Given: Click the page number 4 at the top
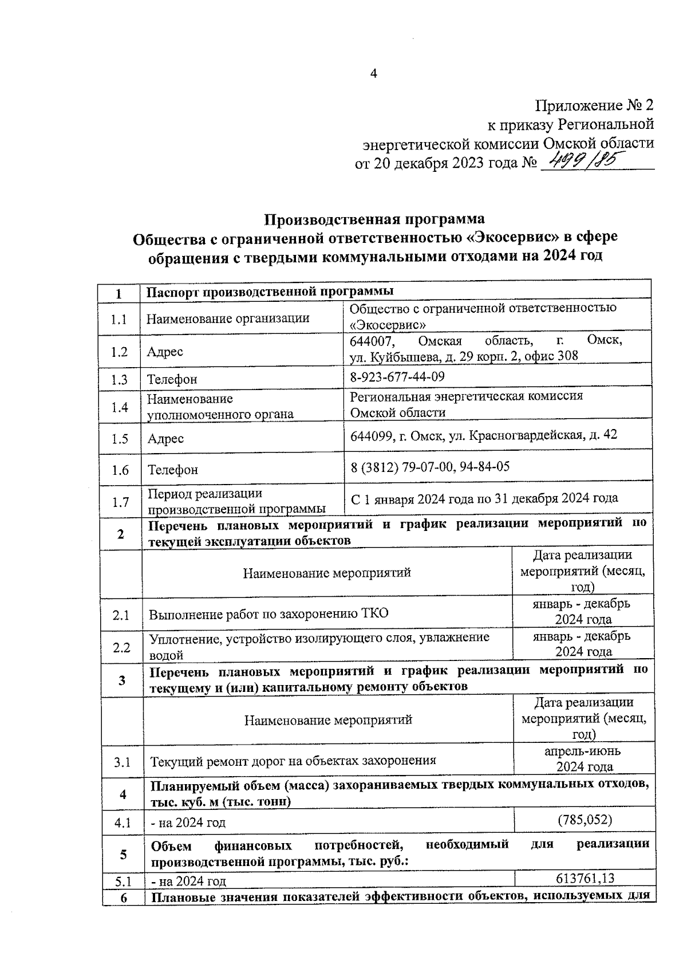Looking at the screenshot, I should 373,74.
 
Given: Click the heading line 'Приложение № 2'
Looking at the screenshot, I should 594,106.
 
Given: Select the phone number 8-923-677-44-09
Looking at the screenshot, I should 397,376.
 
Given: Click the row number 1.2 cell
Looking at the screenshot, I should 119,352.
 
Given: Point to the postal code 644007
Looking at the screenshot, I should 372,341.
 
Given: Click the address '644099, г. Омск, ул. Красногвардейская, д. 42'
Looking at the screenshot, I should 484,435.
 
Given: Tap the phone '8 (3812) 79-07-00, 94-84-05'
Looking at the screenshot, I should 430,467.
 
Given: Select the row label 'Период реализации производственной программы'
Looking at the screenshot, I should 236,501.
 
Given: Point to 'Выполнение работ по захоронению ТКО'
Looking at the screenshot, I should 269,614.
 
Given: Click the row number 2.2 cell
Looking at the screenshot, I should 121,648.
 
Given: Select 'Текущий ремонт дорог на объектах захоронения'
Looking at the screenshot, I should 293,761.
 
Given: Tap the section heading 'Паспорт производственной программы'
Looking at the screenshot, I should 270,292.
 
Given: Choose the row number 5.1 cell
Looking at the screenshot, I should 121,881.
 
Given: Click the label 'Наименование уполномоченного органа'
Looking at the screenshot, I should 220,406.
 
